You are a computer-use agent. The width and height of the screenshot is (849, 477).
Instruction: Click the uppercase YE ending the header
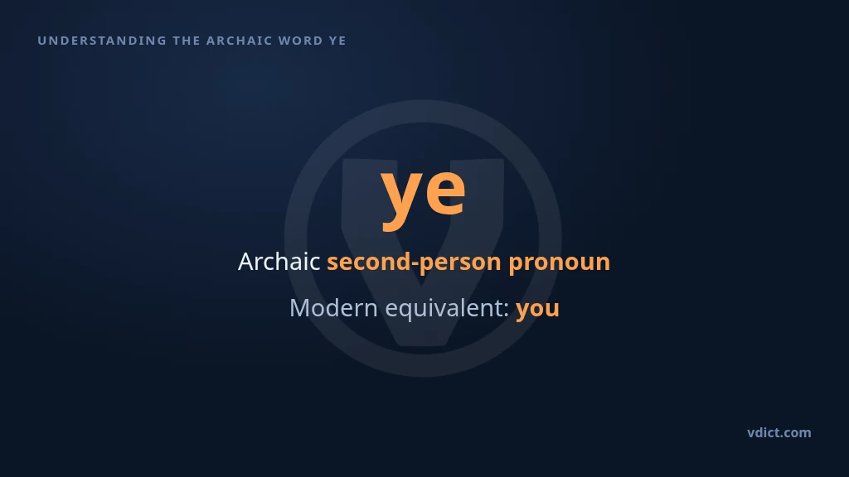(x=337, y=41)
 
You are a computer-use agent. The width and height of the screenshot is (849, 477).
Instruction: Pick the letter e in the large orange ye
(x=444, y=190)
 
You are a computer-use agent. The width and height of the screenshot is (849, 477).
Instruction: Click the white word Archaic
(x=279, y=262)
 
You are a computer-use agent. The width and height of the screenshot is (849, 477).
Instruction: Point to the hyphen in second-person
(x=415, y=264)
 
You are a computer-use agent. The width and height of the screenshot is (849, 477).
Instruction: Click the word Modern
(x=333, y=308)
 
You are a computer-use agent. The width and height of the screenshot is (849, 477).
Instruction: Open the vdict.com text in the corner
(x=779, y=432)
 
